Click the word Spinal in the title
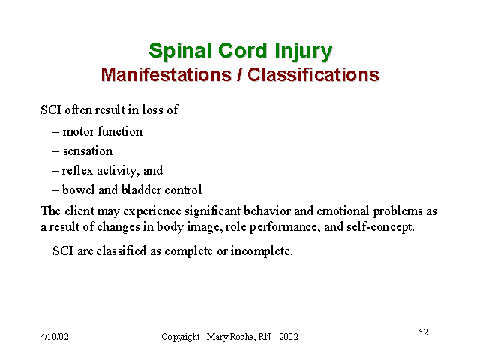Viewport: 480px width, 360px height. click(x=180, y=51)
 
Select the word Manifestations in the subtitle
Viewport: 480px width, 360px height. click(x=166, y=74)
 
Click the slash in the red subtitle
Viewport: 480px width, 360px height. click(x=239, y=74)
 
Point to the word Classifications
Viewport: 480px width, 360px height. click(x=313, y=74)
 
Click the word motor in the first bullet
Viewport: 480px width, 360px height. click(x=78, y=132)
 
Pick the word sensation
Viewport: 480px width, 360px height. click(x=88, y=151)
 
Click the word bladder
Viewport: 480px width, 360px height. click(x=141, y=190)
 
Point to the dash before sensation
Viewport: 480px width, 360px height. click(x=55, y=151)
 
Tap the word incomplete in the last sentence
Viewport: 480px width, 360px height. click(x=262, y=251)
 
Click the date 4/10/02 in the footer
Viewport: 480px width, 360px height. click(x=55, y=337)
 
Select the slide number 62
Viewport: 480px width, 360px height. click(x=423, y=332)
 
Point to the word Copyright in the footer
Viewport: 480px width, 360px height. click(x=181, y=337)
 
